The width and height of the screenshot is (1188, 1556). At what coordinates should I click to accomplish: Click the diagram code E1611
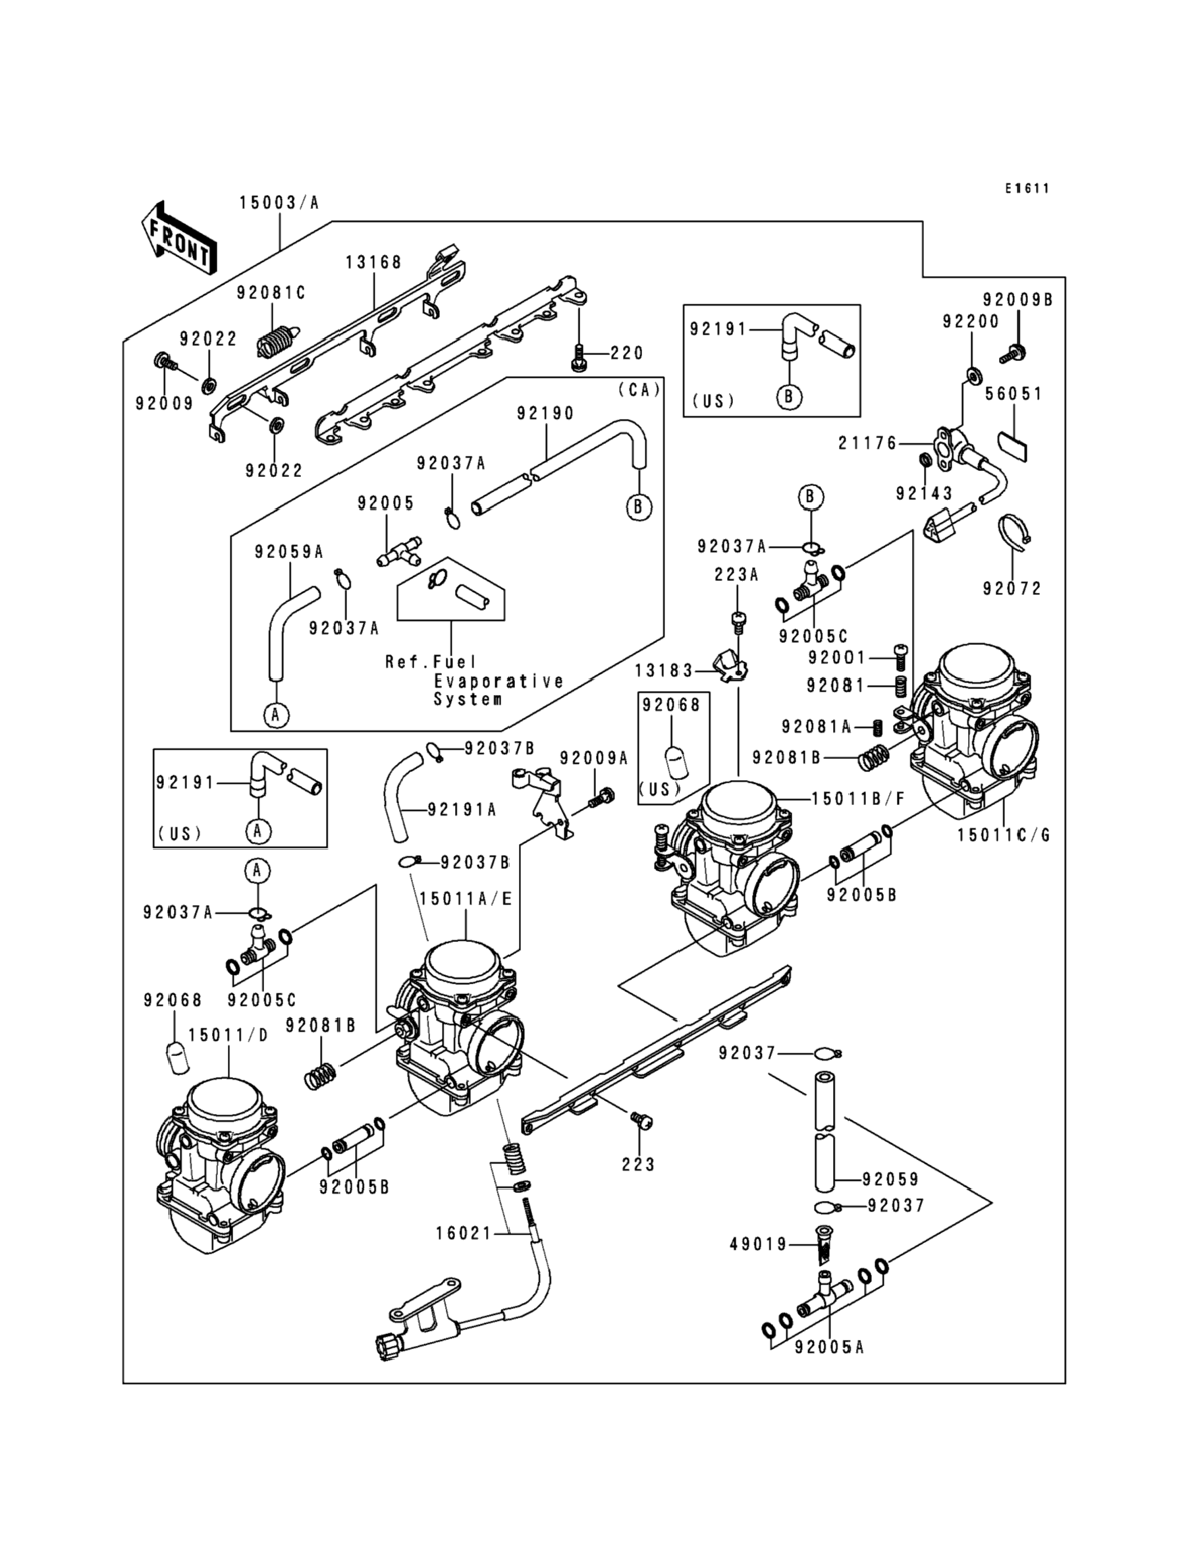coord(1028,188)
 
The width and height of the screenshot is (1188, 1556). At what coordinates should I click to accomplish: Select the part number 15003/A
coord(279,203)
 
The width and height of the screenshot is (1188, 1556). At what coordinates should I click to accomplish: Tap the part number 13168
coord(373,262)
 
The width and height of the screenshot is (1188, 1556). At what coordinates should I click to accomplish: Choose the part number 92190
coord(545,413)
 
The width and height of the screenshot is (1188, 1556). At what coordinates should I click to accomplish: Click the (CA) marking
coord(639,390)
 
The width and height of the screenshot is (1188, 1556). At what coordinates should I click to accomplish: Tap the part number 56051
coord(1014,393)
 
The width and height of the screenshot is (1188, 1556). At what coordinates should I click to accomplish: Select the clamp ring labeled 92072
coord(1014,531)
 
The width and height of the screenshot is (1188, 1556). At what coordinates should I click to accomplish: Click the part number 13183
coord(663,670)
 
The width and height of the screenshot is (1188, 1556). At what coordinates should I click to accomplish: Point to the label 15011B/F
coord(858,799)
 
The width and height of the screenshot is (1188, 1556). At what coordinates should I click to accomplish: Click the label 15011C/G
coord(1004,835)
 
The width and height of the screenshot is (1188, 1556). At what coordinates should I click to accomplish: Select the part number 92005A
coord(830,1347)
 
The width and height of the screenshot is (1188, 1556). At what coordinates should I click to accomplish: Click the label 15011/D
coord(228,1036)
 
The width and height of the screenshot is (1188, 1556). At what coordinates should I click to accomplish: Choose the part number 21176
coord(867,443)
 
